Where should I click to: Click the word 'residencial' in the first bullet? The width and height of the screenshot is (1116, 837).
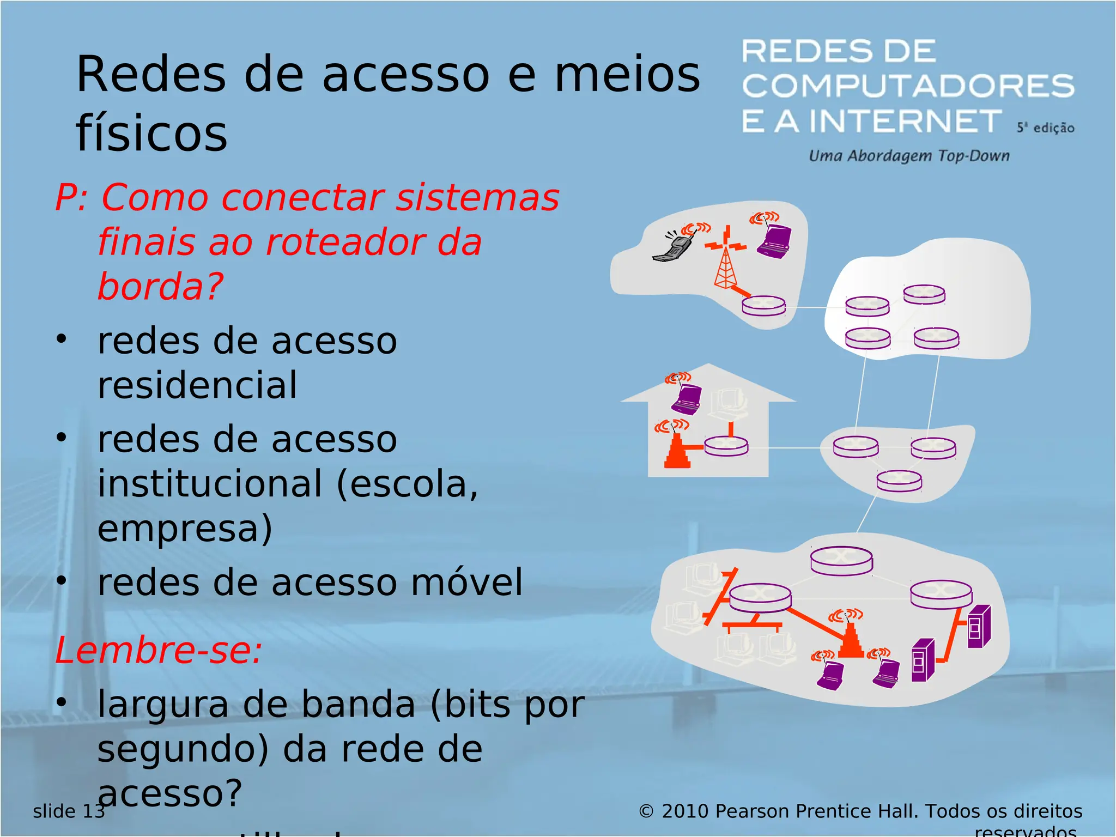tap(197, 385)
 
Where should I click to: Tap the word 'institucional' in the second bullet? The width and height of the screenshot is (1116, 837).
tap(210, 484)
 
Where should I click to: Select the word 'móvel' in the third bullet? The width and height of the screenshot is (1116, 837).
tap(466, 582)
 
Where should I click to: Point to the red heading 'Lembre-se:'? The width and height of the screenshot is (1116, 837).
tap(159, 650)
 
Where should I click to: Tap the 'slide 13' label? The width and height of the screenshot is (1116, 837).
tap(69, 811)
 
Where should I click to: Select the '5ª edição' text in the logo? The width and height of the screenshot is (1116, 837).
tap(1045, 128)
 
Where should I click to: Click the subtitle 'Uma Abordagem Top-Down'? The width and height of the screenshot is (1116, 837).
tap(909, 156)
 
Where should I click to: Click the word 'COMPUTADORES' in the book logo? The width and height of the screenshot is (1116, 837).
tap(908, 86)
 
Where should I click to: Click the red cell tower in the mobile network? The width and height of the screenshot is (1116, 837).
tap(725, 262)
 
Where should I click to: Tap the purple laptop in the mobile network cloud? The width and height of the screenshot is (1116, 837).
tap(774, 240)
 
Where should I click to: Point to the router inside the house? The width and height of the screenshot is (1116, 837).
tap(726, 446)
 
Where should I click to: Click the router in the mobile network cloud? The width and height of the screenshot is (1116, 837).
tap(763, 305)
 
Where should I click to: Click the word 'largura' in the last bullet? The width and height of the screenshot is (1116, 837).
tap(163, 704)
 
